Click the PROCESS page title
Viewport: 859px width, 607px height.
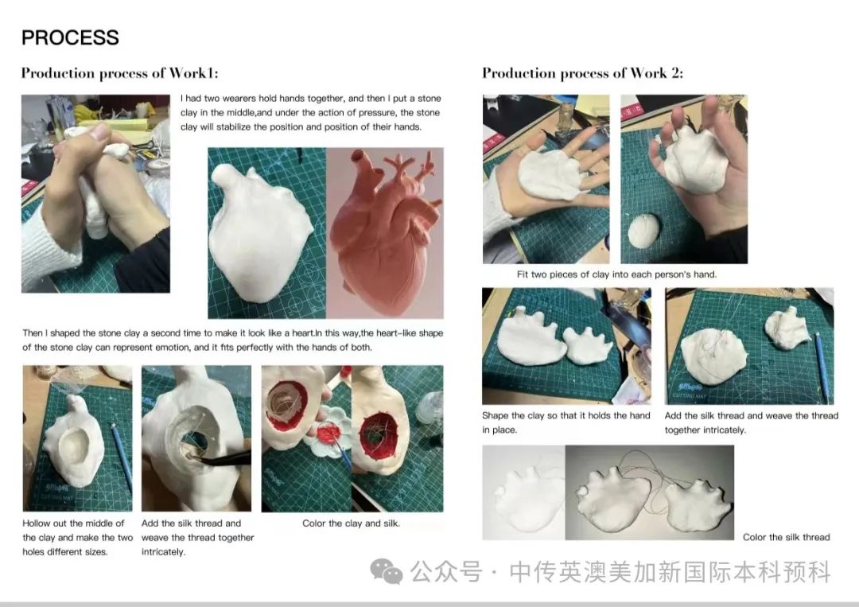point(70,37)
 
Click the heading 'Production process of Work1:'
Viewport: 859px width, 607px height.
point(119,73)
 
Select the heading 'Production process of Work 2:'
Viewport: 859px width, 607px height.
point(582,73)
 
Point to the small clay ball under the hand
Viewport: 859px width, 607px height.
point(643,231)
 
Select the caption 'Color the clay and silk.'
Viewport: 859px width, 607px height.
point(352,523)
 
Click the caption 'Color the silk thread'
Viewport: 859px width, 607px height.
point(786,537)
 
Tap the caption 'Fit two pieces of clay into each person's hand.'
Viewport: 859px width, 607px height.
point(616,274)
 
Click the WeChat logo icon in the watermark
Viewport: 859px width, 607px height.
point(387,571)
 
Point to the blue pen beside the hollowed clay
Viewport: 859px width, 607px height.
point(122,457)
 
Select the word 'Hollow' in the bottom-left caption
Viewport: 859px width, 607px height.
point(36,523)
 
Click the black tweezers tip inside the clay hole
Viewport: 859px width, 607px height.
point(192,456)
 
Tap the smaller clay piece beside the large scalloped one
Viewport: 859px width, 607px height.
point(589,346)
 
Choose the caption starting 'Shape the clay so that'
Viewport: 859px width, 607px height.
point(566,422)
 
